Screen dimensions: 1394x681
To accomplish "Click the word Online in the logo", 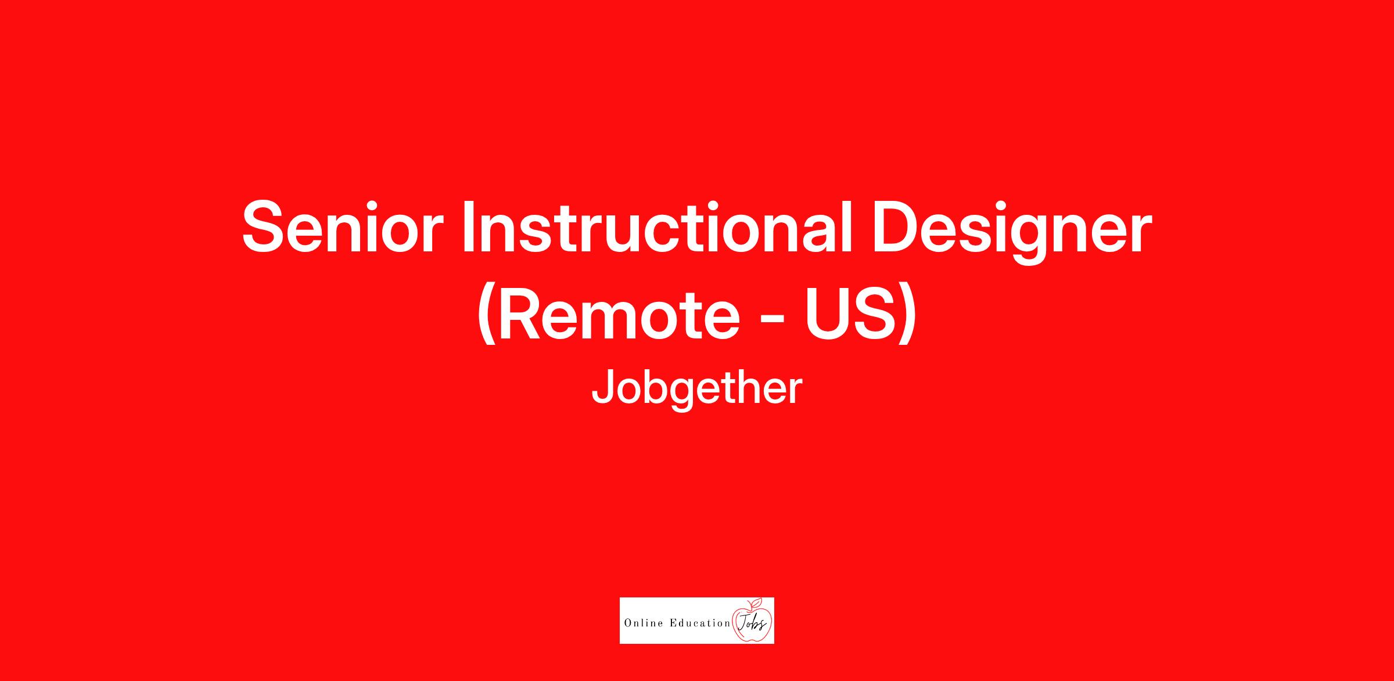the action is point(644,624).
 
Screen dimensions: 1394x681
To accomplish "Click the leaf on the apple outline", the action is point(756,601).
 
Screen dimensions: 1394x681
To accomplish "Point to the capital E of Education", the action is point(673,624).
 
